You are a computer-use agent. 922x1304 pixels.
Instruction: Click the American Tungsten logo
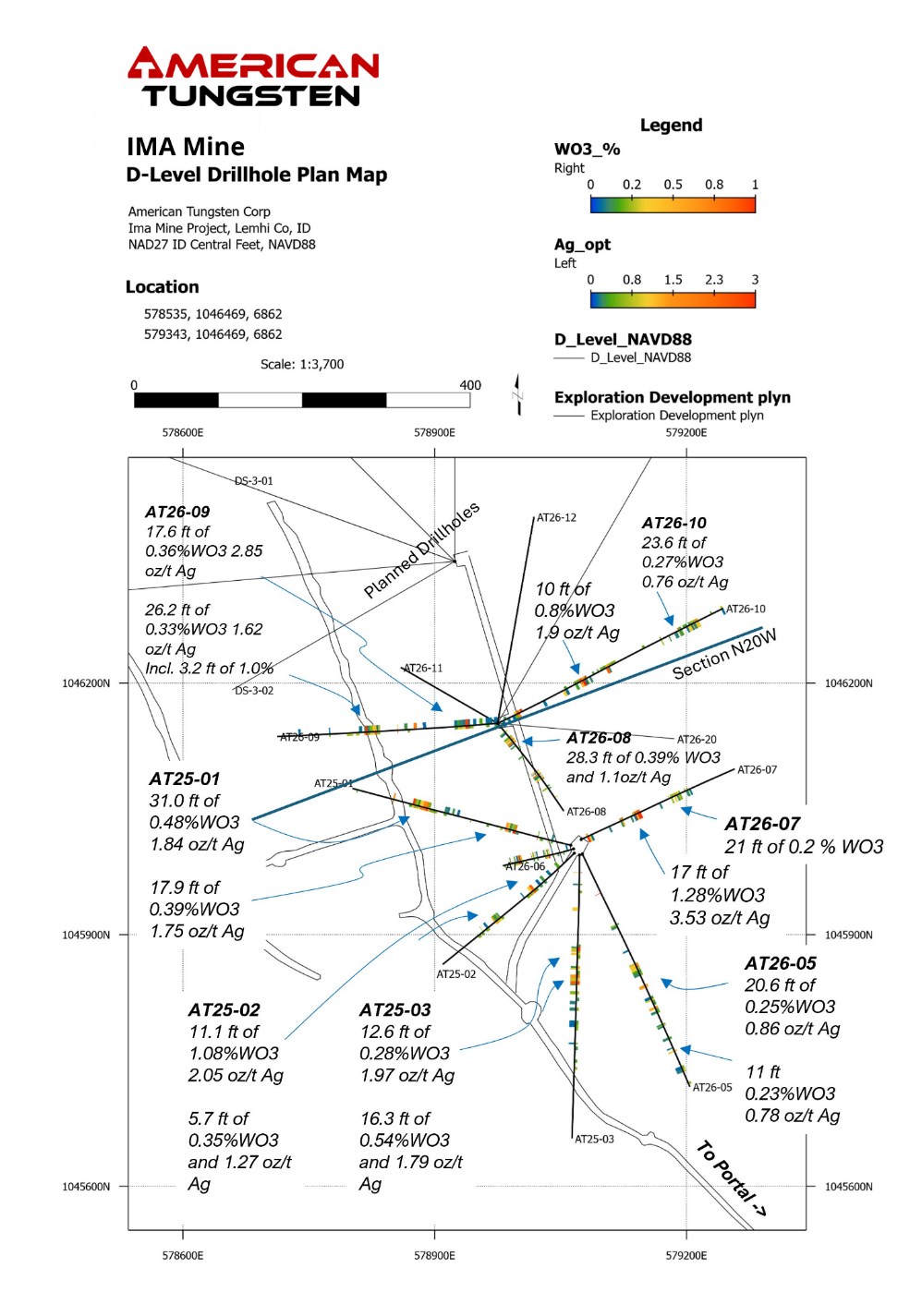(x=252, y=78)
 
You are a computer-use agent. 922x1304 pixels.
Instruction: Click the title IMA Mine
(x=186, y=147)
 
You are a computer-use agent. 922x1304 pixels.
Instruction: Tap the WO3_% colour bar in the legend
(x=673, y=204)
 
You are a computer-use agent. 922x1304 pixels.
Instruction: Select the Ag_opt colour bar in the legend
(x=673, y=299)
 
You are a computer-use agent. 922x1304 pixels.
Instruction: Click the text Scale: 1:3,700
(x=302, y=365)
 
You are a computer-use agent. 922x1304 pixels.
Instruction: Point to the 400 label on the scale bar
(x=470, y=385)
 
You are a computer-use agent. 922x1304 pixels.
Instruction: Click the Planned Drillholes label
(x=421, y=550)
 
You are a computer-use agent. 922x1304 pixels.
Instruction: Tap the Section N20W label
(x=724, y=654)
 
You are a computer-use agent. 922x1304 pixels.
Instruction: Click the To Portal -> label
(x=731, y=1177)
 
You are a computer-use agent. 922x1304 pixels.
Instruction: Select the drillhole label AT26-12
(x=556, y=518)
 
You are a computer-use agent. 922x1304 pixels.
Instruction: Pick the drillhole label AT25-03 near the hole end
(x=594, y=1140)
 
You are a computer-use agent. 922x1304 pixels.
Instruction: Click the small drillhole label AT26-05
(x=712, y=1088)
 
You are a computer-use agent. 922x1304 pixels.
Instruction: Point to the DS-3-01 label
(x=253, y=481)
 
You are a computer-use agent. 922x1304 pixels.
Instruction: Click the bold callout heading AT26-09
(x=177, y=512)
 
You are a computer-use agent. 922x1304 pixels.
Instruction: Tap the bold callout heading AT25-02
(x=224, y=1009)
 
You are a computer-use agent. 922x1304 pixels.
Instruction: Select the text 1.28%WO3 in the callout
(x=718, y=895)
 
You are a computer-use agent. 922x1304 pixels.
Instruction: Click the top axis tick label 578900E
(x=434, y=432)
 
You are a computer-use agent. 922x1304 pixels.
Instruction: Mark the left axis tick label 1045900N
(x=86, y=935)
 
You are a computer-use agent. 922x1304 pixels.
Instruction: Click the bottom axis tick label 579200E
(x=686, y=1255)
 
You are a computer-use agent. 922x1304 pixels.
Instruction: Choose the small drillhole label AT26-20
(x=697, y=740)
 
